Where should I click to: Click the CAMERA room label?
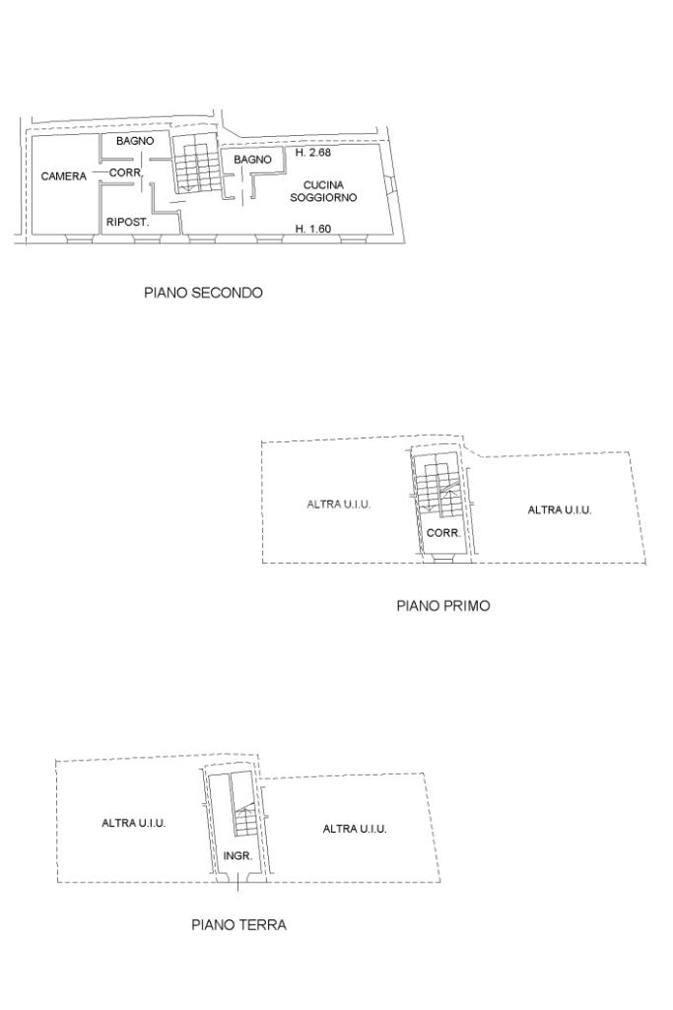click(x=64, y=175)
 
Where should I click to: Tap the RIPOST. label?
click(x=127, y=223)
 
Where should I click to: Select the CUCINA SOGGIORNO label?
click(x=323, y=191)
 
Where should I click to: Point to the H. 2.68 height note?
click(x=313, y=153)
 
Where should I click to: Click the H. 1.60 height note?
click(x=313, y=228)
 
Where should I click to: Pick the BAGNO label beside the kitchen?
click(x=252, y=160)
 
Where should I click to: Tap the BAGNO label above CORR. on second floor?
click(x=135, y=141)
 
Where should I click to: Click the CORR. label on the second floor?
click(x=125, y=173)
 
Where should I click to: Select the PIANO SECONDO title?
click(x=204, y=293)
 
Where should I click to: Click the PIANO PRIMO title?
click(x=443, y=605)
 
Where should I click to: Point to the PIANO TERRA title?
click(x=238, y=925)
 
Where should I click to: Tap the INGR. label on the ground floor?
click(x=237, y=856)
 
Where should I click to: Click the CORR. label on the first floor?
click(x=443, y=533)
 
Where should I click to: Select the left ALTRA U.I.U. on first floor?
click(x=339, y=505)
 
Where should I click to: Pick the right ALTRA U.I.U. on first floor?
click(x=560, y=509)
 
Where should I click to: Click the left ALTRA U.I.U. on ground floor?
click(x=134, y=823)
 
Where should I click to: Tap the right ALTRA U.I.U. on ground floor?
click(x=355, y=829)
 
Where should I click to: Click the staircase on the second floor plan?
click(x=196, y=165)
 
